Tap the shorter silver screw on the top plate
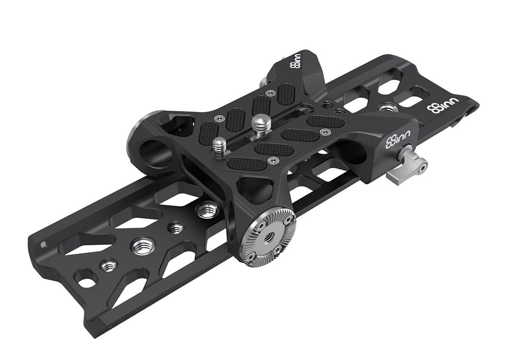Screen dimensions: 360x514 coord(218,144)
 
